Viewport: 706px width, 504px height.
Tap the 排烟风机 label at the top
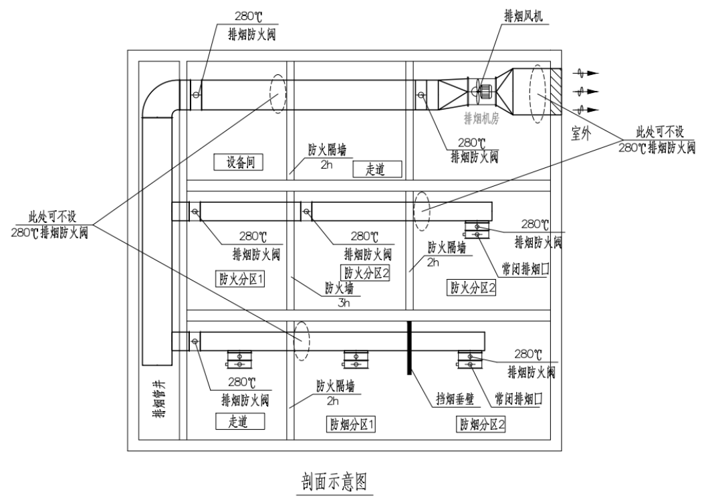coord(519,14)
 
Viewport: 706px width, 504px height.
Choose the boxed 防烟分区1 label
coord(350,424)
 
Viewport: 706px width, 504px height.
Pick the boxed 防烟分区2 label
coord(481,424)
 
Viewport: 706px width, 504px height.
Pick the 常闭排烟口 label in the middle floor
coord(522,268)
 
